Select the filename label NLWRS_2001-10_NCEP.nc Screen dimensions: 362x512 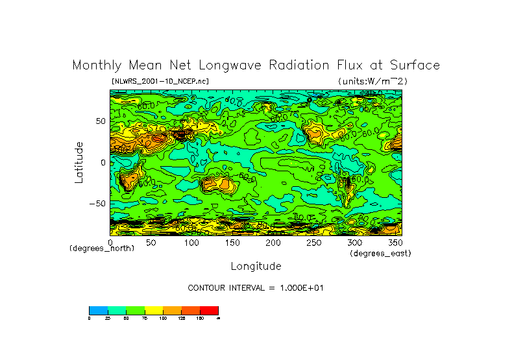tap(160, 81)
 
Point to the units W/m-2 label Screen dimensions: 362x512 tap(372, 81)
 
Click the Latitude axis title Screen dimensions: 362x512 tap(79, 162)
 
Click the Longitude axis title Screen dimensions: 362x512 tap(256, 266)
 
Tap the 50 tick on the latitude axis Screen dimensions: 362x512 tap(101, 121)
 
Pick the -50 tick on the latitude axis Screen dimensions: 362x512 tap(98, 203)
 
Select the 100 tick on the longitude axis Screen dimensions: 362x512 tap(191, 242)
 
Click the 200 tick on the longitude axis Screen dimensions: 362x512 tap(273, 242)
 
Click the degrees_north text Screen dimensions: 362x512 tap(102, 248)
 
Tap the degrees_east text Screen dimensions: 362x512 tap(380, 253)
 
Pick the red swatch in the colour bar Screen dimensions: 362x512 tap(210, 311)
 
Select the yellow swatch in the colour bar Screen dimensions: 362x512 tap(153, 311)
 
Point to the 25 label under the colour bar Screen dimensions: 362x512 tap(108, 319)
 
